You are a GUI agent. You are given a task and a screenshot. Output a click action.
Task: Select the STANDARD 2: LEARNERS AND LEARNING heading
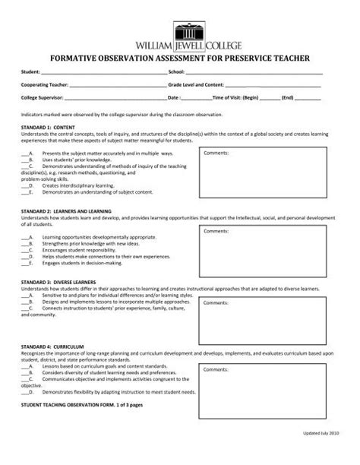(66, 210)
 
